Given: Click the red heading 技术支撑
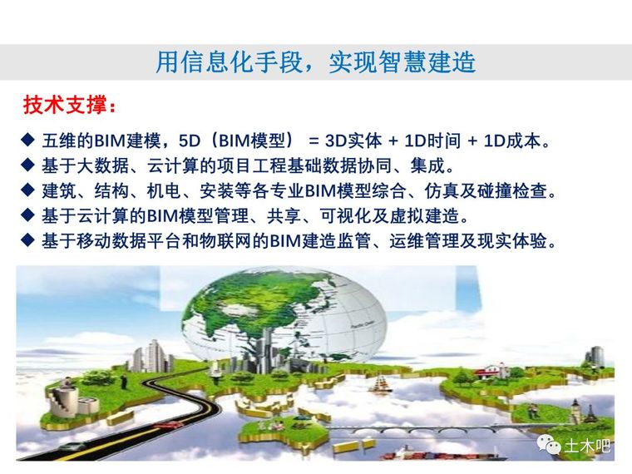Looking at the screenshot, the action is coord(65,105).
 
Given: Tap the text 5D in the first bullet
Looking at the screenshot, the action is coord(189,141).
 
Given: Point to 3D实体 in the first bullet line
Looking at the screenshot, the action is coord(353,141).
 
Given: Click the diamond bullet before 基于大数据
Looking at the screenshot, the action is coord(27,165).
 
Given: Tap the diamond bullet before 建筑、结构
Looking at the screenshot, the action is coord(27,190).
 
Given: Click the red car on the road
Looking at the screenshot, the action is coord(165,426).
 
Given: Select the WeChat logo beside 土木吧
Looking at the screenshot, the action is coord(549,445).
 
